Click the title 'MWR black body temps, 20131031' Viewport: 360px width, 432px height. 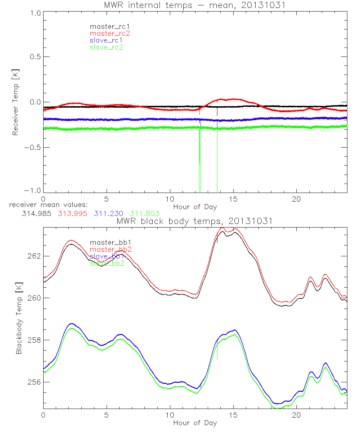tap(195, 221)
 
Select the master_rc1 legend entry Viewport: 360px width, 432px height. tap(108, 27)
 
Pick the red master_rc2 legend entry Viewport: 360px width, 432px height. tap(109, 33)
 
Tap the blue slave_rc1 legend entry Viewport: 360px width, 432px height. tap(106, 40)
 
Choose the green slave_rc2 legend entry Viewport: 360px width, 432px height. tap(106, 47)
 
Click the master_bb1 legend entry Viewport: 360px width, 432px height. tap(107, 243)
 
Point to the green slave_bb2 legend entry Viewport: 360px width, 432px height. tap(106, 263)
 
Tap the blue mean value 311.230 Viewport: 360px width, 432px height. tap(108, 213)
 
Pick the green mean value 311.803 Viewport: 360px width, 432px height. tap(145, 213)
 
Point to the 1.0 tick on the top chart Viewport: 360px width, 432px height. tap(35, 12)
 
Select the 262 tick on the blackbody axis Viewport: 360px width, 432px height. tap(35, 256)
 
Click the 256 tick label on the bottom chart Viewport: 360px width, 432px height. tap(35, 382)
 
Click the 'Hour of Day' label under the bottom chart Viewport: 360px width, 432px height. tap(195, 423)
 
